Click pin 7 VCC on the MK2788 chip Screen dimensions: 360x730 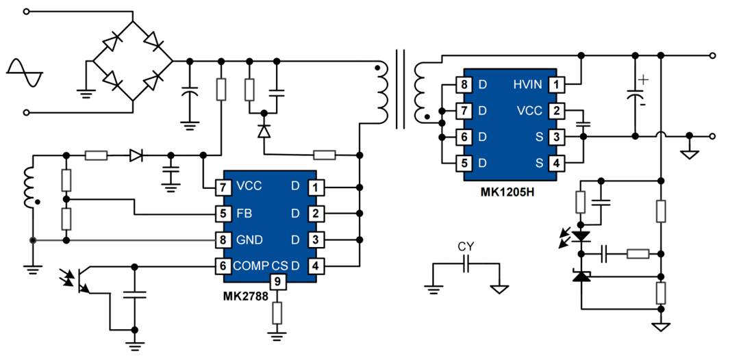click(x=222, y=186)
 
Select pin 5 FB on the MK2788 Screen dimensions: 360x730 click(x=222, y=213)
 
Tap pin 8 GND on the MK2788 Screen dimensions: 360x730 click(x=222, y=240)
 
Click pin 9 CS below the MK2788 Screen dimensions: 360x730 click(x=277, y=281)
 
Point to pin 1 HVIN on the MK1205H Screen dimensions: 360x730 click(x=557, y=84)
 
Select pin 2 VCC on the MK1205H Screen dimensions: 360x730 click(x=557, y=110)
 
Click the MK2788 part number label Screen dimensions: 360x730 click(x=244, y=295)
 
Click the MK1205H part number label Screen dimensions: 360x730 click(x=507, y=192)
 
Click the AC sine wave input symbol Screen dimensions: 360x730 click(x=25, y=73)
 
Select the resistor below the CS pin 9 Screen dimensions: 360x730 click(x=277, y=313)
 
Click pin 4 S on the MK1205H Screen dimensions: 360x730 click(x=557, y=163)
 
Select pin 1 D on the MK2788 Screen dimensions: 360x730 click(x=315, y=186)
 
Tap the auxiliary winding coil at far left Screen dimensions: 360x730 click(x=29, y=188)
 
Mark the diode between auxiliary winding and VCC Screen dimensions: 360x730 click(x=136, y=157)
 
